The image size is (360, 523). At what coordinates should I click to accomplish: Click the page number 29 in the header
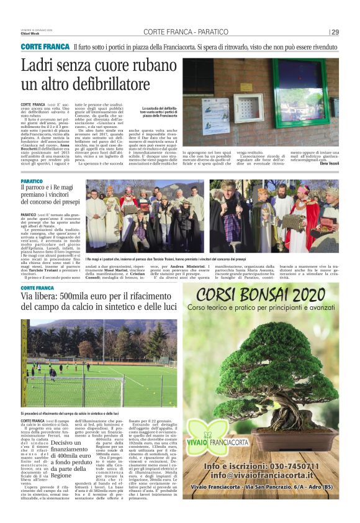[x=335, y=32]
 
